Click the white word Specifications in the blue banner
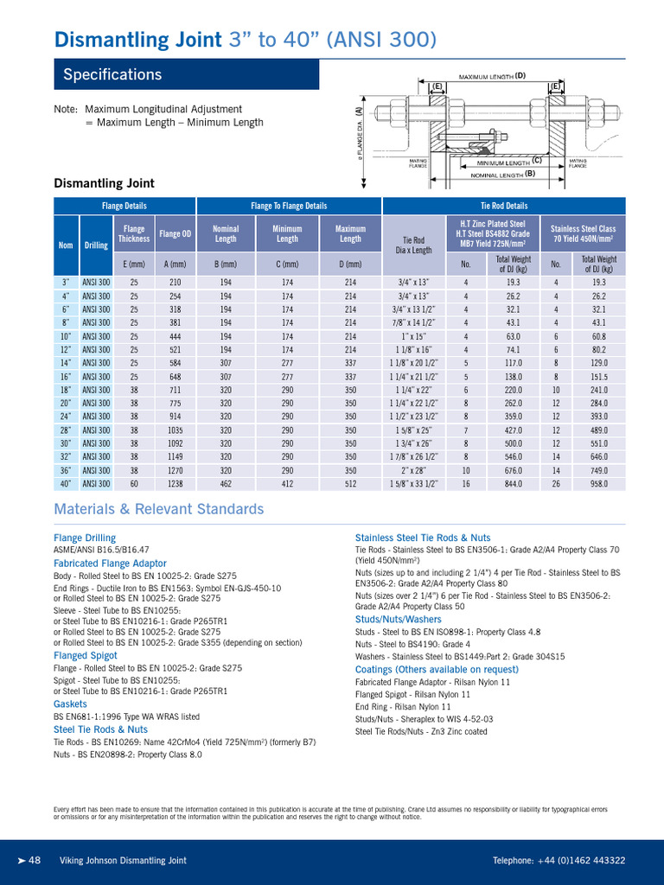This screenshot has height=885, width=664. tap(112, 75)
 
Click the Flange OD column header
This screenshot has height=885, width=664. tap(176, 233)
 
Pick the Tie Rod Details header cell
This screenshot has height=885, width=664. tap(504, 206)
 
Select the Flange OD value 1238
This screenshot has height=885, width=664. tap(176, 485)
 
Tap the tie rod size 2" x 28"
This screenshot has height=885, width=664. tap(411, 471)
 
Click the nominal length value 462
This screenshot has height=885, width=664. tap(226, 485)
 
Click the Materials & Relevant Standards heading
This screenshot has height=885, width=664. tap(158, 509)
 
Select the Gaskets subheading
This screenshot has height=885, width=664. tap(71, 704)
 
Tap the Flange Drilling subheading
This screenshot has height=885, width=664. tap(85, 538)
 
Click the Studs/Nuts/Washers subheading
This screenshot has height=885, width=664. tap(399, 619)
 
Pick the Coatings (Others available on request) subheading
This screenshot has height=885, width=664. tap(437, 670)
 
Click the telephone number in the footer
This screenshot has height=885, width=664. tap(559, 861)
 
